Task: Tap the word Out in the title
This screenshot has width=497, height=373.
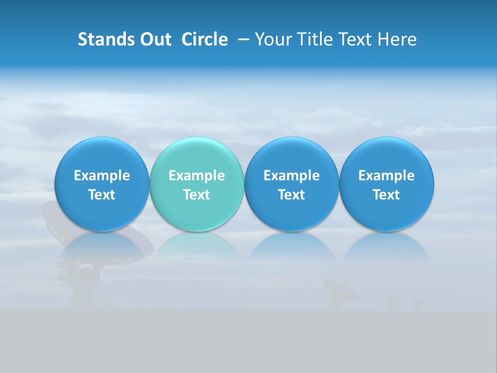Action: [x=154, y=39]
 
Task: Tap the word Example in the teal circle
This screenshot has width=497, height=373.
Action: [x=197, y=176]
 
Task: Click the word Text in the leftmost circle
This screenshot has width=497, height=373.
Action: [x=101, y=195]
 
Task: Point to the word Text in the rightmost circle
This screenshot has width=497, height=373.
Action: [x=386, y=195]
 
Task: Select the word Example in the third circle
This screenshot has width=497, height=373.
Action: [x=291, y=176]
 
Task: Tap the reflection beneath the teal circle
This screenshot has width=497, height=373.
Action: [x=197, y=246]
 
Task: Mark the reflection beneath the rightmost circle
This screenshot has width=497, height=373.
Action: [x=386, y=246]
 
